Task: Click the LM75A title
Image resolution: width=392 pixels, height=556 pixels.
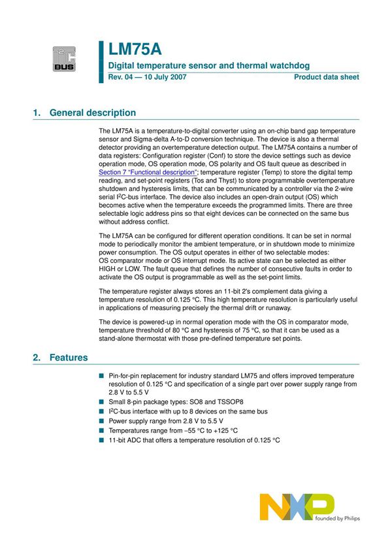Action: [135, 49]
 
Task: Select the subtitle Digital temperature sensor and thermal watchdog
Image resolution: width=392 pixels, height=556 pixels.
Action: [208, 65]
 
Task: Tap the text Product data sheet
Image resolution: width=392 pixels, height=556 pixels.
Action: [326, 78]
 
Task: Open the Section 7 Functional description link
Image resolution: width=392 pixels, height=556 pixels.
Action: [152, 172]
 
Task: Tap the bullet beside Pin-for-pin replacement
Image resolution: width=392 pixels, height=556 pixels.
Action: [101, 376]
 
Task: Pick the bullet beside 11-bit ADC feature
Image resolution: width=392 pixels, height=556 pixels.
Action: [101, 440]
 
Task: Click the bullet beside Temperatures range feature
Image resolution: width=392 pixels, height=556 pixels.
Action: [101, 431]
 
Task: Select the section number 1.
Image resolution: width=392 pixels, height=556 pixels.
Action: [36, 113]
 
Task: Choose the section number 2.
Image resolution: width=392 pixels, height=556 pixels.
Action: [36, 358]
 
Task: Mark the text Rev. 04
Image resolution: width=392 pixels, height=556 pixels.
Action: [122, 78]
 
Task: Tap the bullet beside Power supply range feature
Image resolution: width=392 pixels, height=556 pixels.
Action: [101, 421]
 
